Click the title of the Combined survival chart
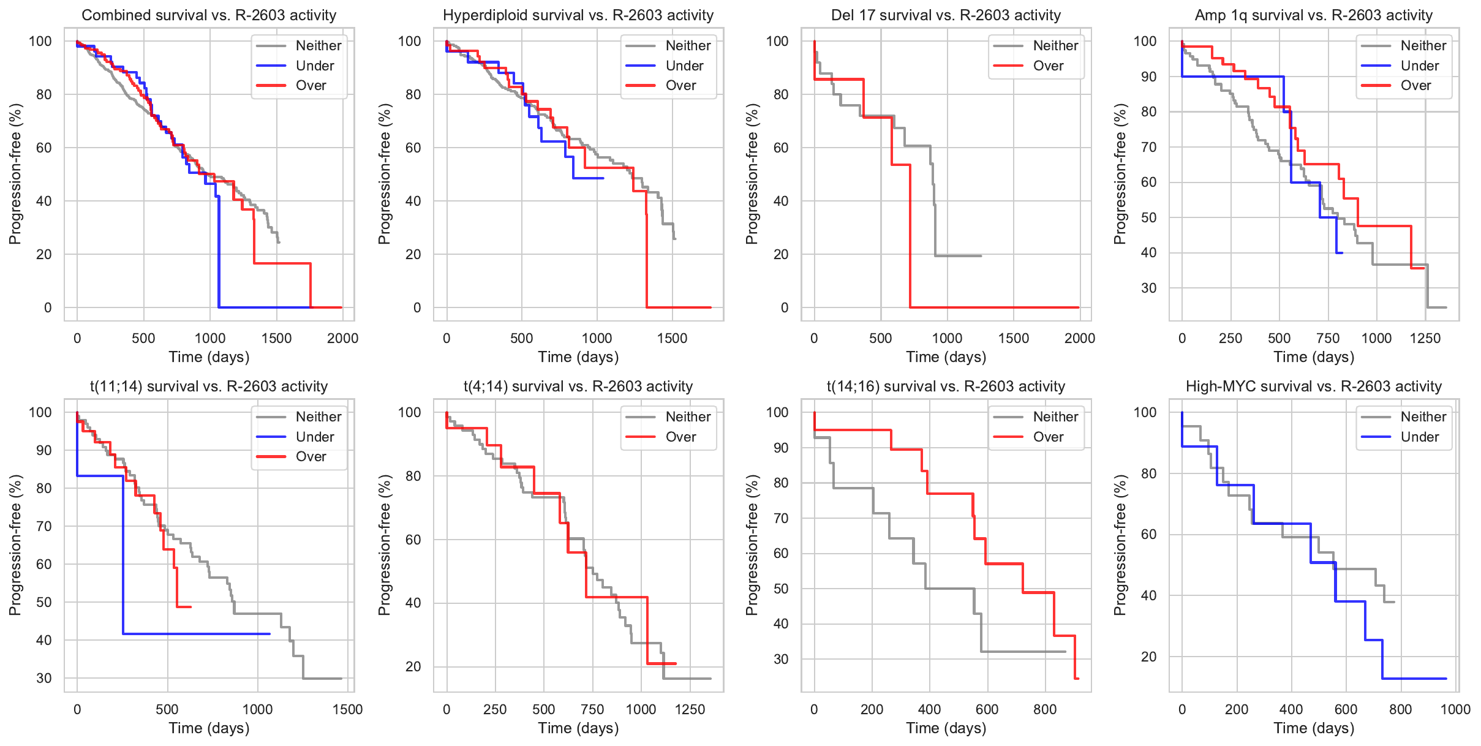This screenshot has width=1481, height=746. coord(209,15)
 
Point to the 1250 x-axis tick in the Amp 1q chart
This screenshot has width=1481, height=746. coord(1425,338)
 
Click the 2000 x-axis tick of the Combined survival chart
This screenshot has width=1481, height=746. coord(342,338)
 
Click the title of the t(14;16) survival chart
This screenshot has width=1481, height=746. coord(946,386)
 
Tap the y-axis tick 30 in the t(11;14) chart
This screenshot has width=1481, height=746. coord(44,678)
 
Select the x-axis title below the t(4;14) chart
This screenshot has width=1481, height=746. coord(578,728)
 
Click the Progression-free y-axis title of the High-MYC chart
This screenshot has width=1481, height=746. coord(1120,545)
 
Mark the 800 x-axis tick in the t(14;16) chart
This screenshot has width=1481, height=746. coord(1045,709)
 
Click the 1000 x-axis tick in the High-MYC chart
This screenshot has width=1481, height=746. coord(1455,709)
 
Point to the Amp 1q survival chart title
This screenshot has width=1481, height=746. coord(1314,15)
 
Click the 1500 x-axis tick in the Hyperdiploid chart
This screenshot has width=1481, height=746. coord(672,338)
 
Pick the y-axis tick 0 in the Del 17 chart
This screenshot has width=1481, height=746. coord(785,307)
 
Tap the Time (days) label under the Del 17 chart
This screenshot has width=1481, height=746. coord(946,356)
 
